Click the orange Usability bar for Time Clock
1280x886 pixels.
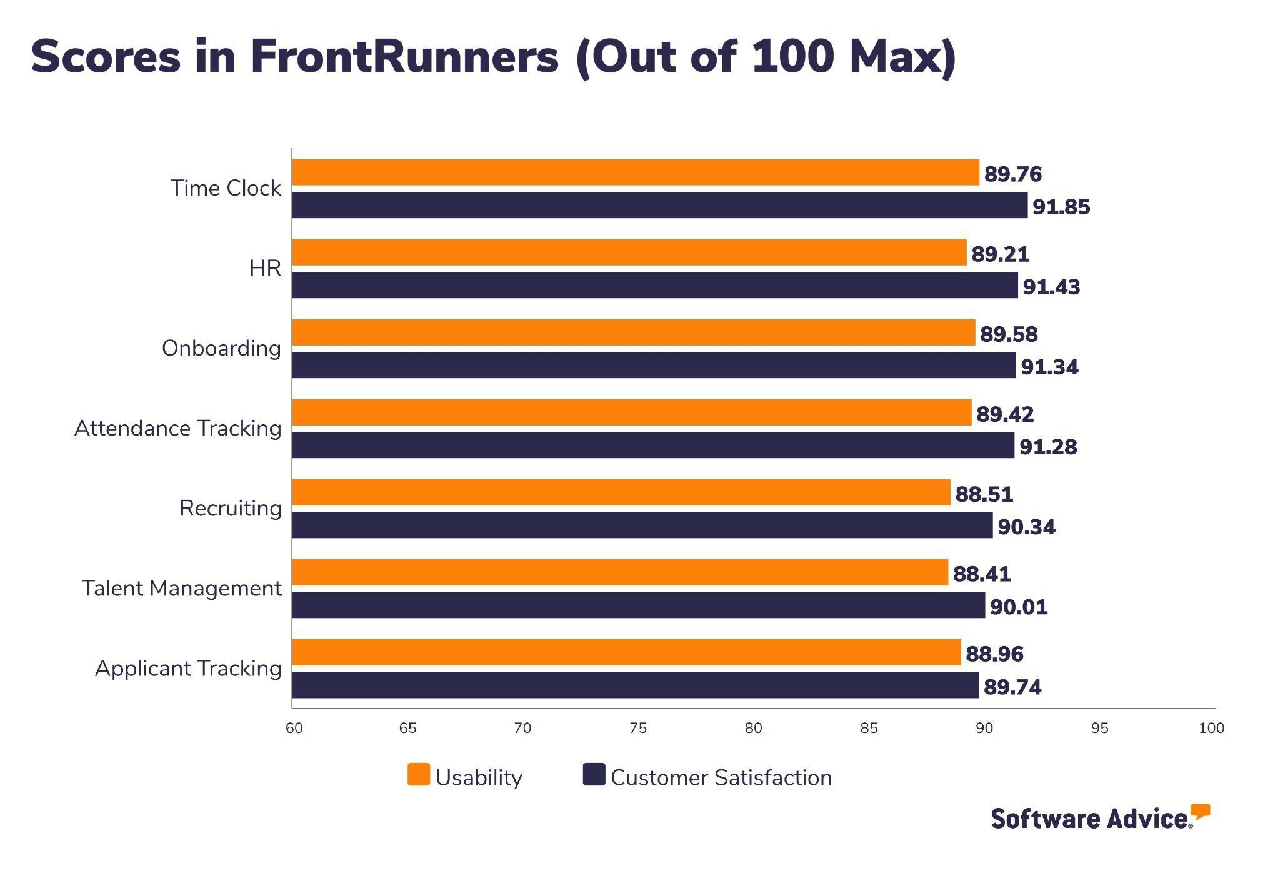point(635,172)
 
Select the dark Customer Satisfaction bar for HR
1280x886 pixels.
point(654,285)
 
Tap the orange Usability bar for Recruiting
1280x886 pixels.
point(621,492)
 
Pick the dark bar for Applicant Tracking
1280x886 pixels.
point(635,685)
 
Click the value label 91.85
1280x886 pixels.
point(1061,207)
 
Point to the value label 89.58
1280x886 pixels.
point(1008,334)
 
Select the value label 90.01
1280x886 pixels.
point(1018,607)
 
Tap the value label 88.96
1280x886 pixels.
point(994,654)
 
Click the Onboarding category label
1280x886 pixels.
point(221,348)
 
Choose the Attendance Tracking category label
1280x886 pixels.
point(178,429)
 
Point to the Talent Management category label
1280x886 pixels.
point(182,589)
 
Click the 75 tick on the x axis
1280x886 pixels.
point(638,728)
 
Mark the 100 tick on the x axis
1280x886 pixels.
point(1211,728)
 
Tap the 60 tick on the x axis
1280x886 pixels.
point(294,728)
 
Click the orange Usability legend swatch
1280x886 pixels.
point(419,775)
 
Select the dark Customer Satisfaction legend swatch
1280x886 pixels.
point(594,775)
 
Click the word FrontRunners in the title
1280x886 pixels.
point(404,57)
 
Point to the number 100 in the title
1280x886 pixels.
point(792,57)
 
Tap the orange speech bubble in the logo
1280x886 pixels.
point(1200,812)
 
